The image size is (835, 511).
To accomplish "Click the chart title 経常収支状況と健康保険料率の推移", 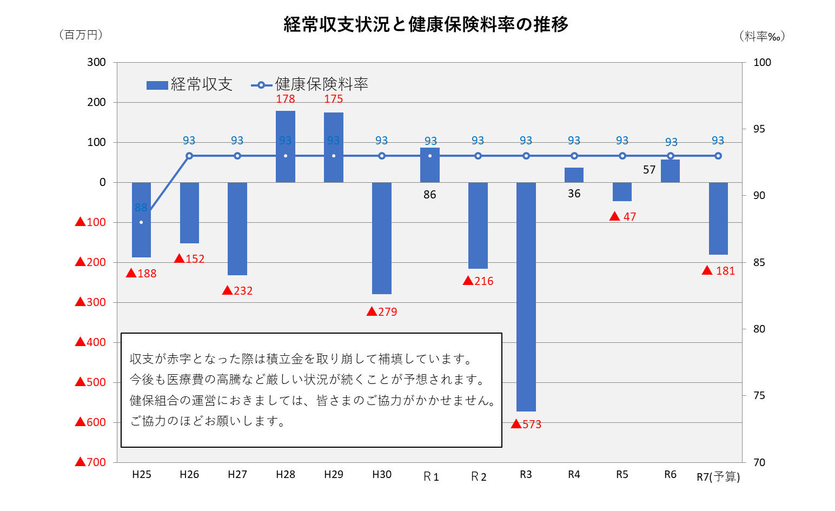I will (426, 24).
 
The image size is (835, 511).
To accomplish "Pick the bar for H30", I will (382, 238).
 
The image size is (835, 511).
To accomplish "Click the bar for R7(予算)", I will (718, 218).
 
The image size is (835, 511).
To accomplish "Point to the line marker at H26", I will (189, 156).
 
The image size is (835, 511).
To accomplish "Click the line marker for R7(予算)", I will (718, 156).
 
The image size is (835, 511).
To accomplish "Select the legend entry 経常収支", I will (189, 84).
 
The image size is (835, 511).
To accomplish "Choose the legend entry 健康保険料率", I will (310, 84).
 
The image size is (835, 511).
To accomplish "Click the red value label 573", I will (527, 424).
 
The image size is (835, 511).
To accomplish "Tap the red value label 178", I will (286, 99).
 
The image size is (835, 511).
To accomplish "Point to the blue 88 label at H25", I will (141, 208).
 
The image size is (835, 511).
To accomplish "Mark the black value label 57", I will (649, 170).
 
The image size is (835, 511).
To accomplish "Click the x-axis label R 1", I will (431, 476).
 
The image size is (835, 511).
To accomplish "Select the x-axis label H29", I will (334, 474).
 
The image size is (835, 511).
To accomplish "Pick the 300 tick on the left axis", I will (97, 62).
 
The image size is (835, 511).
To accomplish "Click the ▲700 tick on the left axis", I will (91, 462).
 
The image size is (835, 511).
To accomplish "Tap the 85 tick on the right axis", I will (759, 262).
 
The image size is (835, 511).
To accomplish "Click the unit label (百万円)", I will (81, 35).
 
